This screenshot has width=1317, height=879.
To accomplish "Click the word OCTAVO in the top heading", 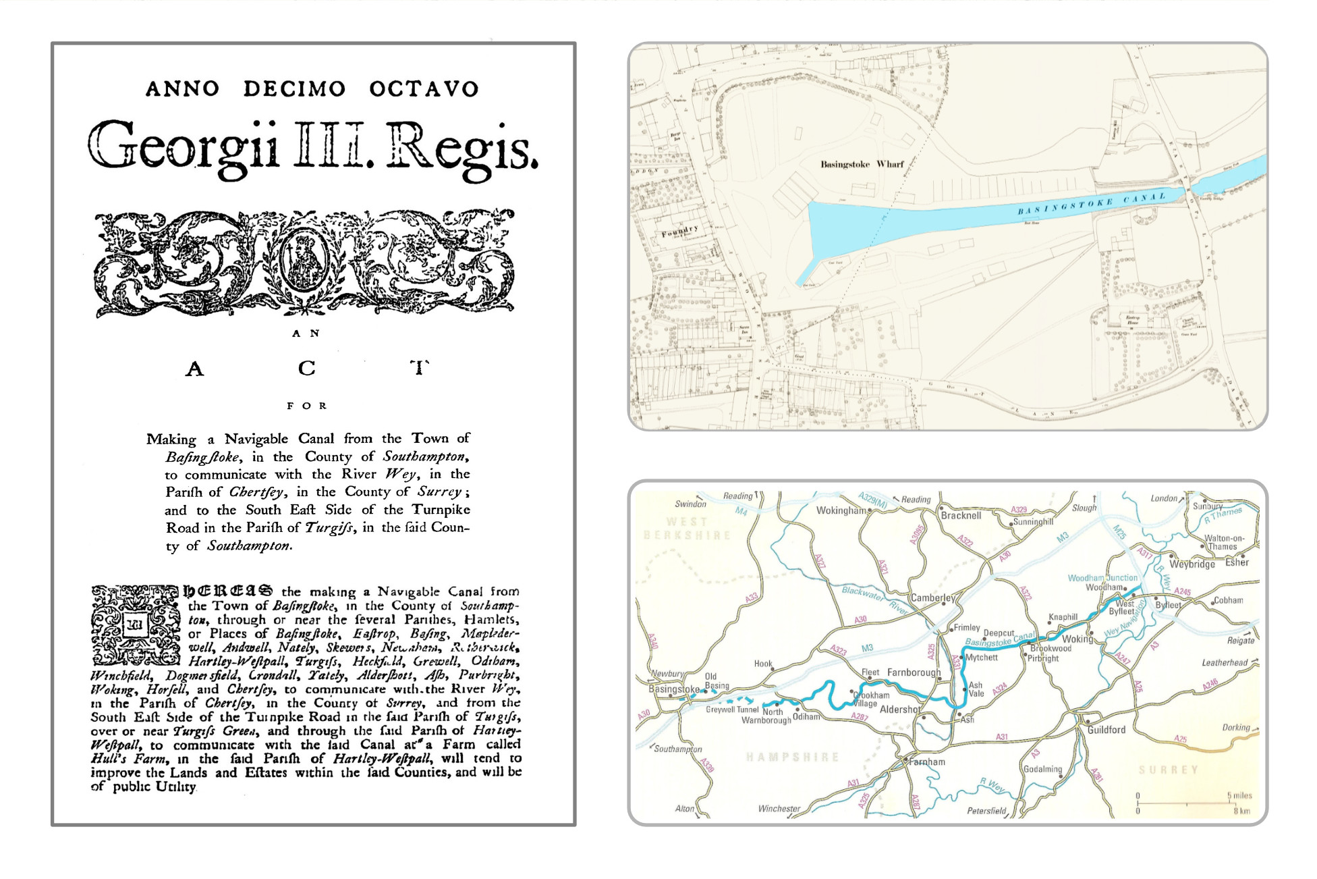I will [424, 89].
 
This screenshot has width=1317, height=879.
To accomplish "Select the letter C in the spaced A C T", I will [306, 369].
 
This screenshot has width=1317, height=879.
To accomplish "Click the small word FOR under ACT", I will [306, 406].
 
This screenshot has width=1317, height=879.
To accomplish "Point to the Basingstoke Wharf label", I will [862, 164].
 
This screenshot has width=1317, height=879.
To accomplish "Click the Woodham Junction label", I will [1102, 578].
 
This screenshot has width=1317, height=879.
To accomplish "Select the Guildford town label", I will [1106, 730].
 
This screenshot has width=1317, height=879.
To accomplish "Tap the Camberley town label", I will [932, 597].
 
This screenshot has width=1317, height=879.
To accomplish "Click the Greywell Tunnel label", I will [732, 710].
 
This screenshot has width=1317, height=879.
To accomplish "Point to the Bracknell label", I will [961, 515].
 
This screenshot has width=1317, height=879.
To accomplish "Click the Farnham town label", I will [926, 762].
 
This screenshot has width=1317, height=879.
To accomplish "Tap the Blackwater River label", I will [875, 600].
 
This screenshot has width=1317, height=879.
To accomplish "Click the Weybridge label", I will [1192, 564].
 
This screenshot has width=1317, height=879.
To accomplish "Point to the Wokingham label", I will [841, 510].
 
